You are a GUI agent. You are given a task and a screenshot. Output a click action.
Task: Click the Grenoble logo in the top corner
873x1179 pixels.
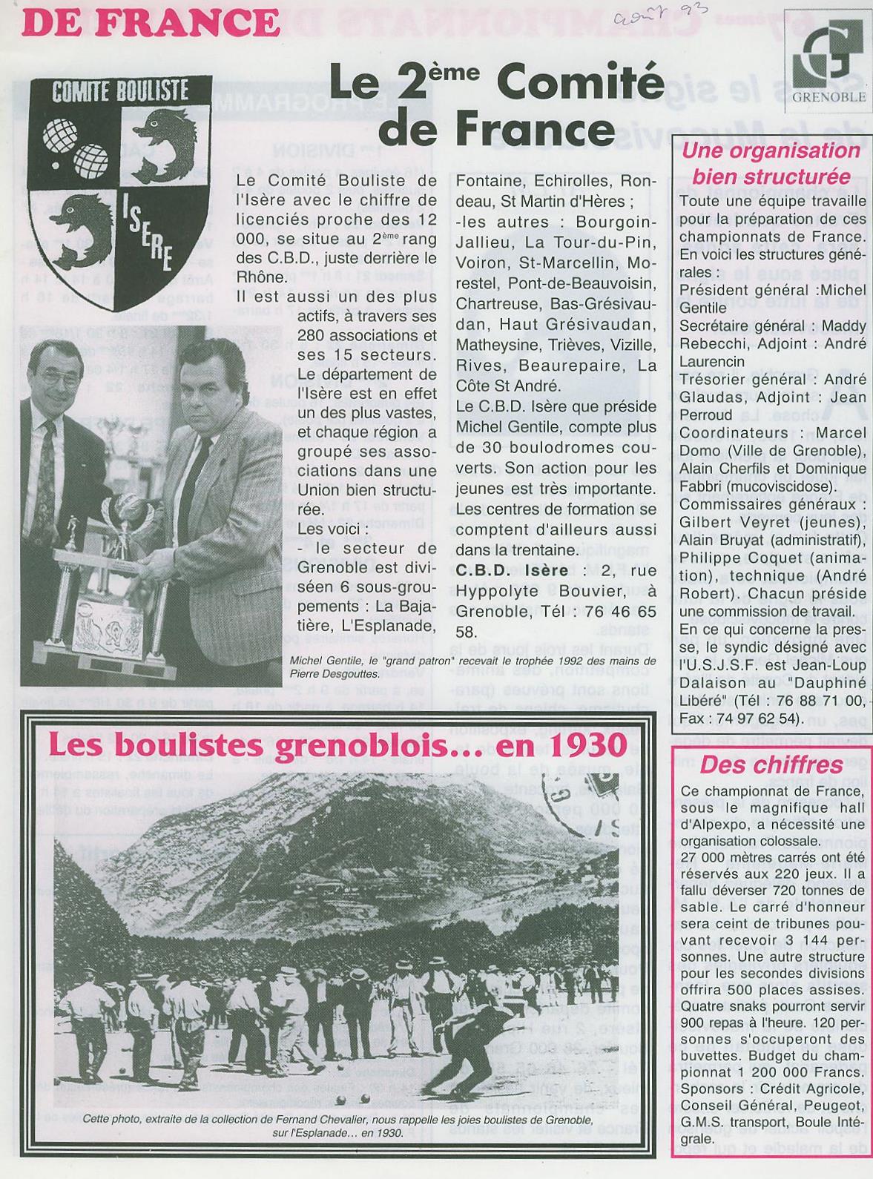[826, 65]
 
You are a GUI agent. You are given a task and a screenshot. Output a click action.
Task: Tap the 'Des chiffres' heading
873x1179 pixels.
[771, 764]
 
